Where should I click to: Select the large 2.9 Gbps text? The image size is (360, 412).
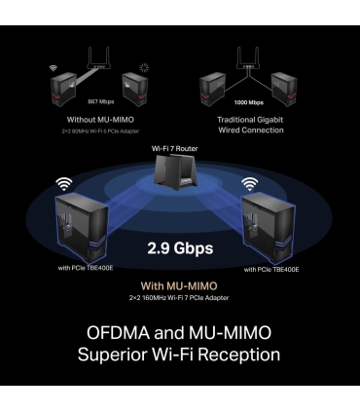click(179, 247)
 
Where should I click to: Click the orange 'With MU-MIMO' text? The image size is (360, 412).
click(180, 285)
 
